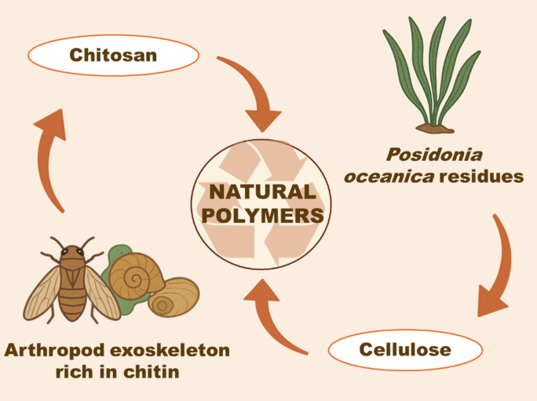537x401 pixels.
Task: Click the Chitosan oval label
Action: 113,55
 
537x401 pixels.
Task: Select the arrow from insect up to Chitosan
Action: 52,156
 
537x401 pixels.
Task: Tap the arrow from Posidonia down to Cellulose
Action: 496,267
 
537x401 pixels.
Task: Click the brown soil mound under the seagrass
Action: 435,126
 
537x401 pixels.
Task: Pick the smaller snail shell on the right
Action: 173,297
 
